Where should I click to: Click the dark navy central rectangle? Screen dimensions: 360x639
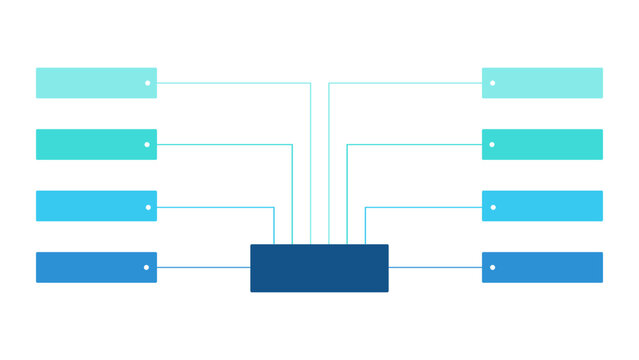pyautogui.click(x=319, y=268)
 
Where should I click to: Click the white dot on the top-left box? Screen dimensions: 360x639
pyautogui.click(x=147, y=83)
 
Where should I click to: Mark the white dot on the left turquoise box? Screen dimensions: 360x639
pyautogui.click(x=147, y=145)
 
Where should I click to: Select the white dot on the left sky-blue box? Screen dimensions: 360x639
pyautogui.click(x=147, y=207)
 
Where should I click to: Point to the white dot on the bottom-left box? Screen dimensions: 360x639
pyautogui.click(x=147, y=267)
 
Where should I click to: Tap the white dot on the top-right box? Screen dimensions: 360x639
pyautogui.click(x=492, y=83)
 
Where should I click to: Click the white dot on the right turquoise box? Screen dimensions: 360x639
pyautogui.click(x=492, y=145)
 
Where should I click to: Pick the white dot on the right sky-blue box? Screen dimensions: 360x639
pyautogui.click(x=492, y=207)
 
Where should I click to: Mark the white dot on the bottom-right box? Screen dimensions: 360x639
pyautogui.click(x=492, y=267)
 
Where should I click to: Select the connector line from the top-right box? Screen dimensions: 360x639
pyautogui.click(x=405, y=83)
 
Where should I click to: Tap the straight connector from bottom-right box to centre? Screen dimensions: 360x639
pyautogui.click(x=435, y=267)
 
